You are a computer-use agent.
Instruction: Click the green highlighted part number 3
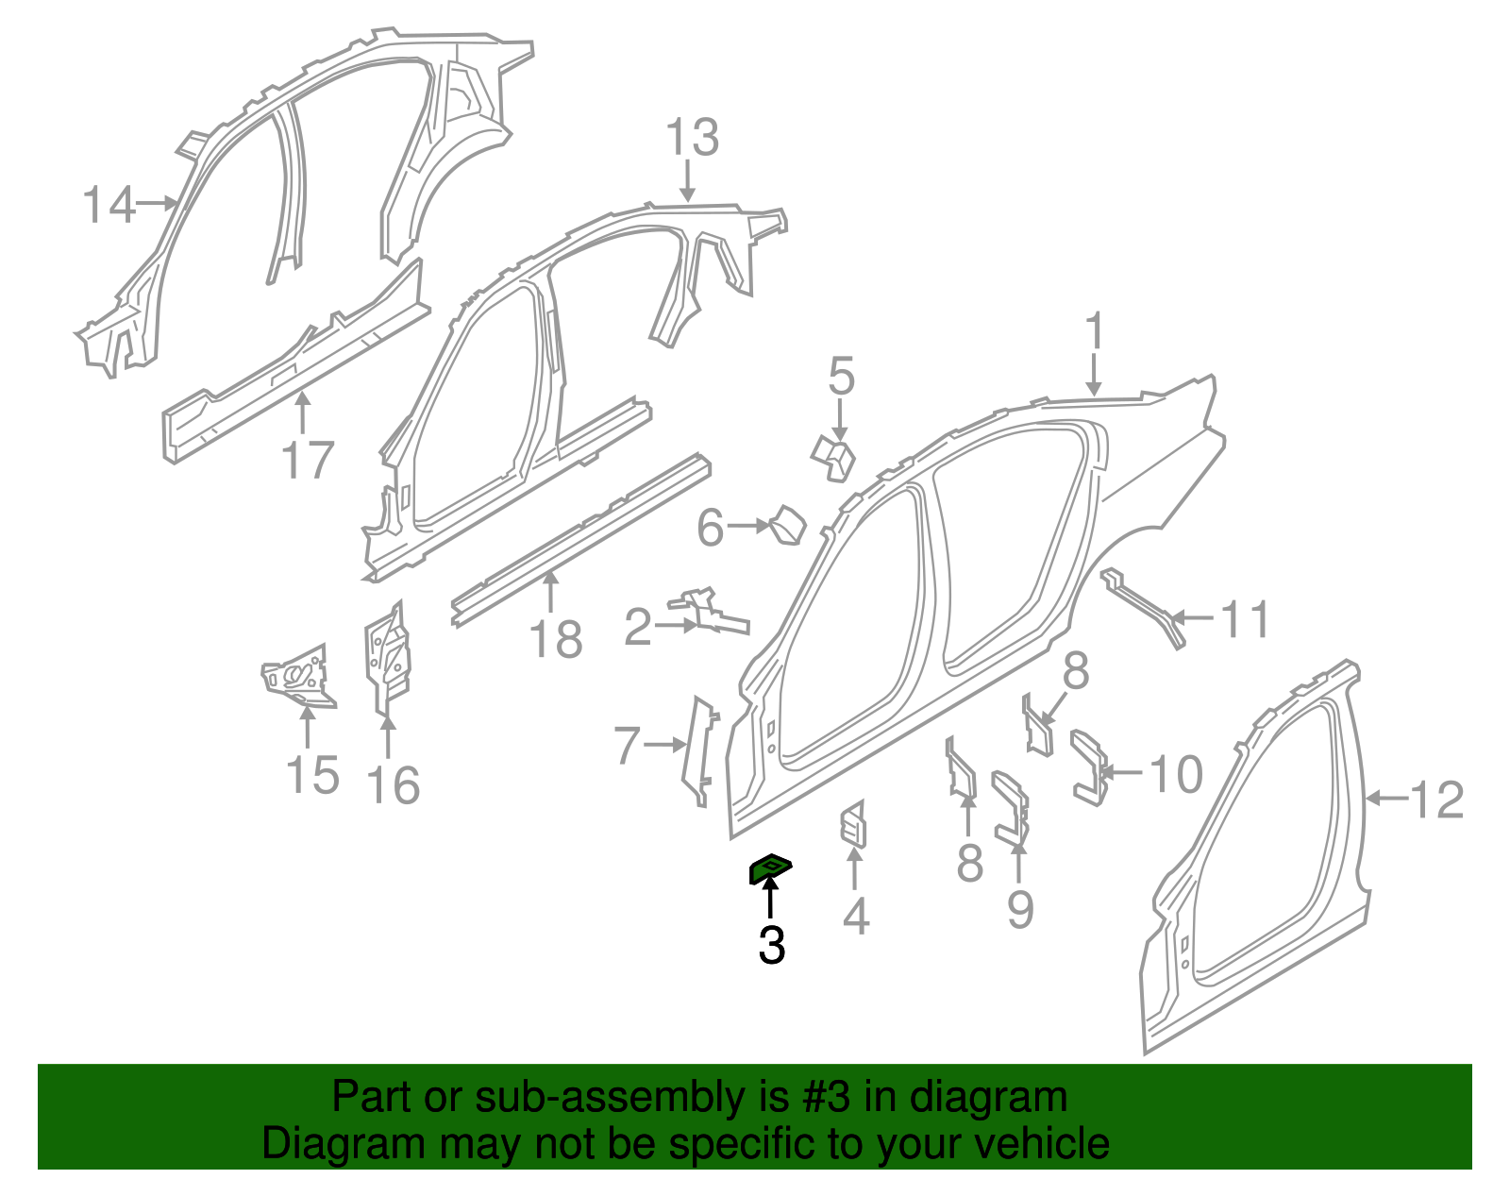[x=770, y=868]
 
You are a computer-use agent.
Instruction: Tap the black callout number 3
[x=771, y=945]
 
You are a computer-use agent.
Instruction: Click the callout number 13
[x=692, y=137]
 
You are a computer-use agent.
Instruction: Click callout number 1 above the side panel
[x=1095, y=330]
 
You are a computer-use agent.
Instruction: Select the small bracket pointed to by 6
[x=788, y=525]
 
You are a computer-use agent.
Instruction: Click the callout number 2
[x=638, y=626]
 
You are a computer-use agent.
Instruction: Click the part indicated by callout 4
[x=853, y=825]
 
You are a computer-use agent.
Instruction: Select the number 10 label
[x=1177, y=773]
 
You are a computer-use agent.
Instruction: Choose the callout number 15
[x=312, y=775]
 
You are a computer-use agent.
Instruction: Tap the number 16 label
[x=394, y=785]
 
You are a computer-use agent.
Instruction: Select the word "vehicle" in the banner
[x=1040, y=1143]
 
